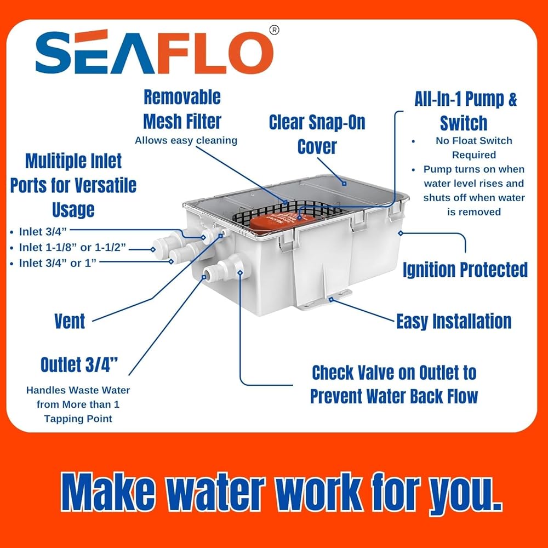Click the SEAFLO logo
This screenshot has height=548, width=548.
155,52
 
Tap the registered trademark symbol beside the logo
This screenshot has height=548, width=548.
275,30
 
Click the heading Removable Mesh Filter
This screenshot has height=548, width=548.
182,109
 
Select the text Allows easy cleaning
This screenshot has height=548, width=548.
186,140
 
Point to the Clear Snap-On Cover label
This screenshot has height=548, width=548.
317,134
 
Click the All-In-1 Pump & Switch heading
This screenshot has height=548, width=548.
465,111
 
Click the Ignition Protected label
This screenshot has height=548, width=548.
465,270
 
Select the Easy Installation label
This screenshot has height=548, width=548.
454,321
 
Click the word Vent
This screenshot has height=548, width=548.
70,321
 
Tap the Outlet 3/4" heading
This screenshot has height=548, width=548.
79,364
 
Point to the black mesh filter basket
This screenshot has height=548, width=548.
290,213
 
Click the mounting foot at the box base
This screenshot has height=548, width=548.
326,300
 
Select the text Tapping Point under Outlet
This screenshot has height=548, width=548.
78,419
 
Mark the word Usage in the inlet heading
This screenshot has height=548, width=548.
73,209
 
